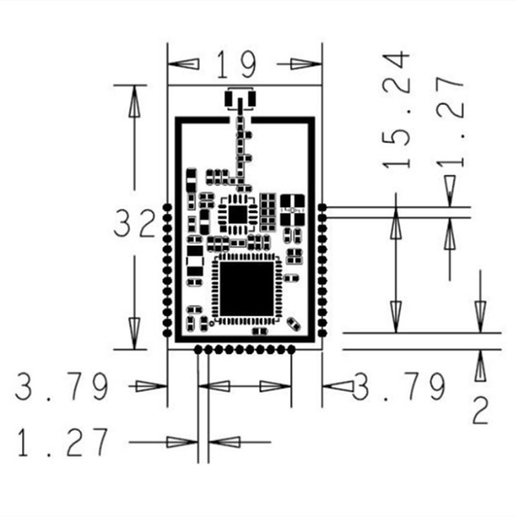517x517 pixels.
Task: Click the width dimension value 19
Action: [236, 64]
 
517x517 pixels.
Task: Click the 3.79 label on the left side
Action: [62, 386]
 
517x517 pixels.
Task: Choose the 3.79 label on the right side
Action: [399, 386]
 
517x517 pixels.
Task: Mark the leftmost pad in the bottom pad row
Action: [198, 350]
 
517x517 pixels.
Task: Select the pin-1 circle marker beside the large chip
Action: [213, 321]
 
